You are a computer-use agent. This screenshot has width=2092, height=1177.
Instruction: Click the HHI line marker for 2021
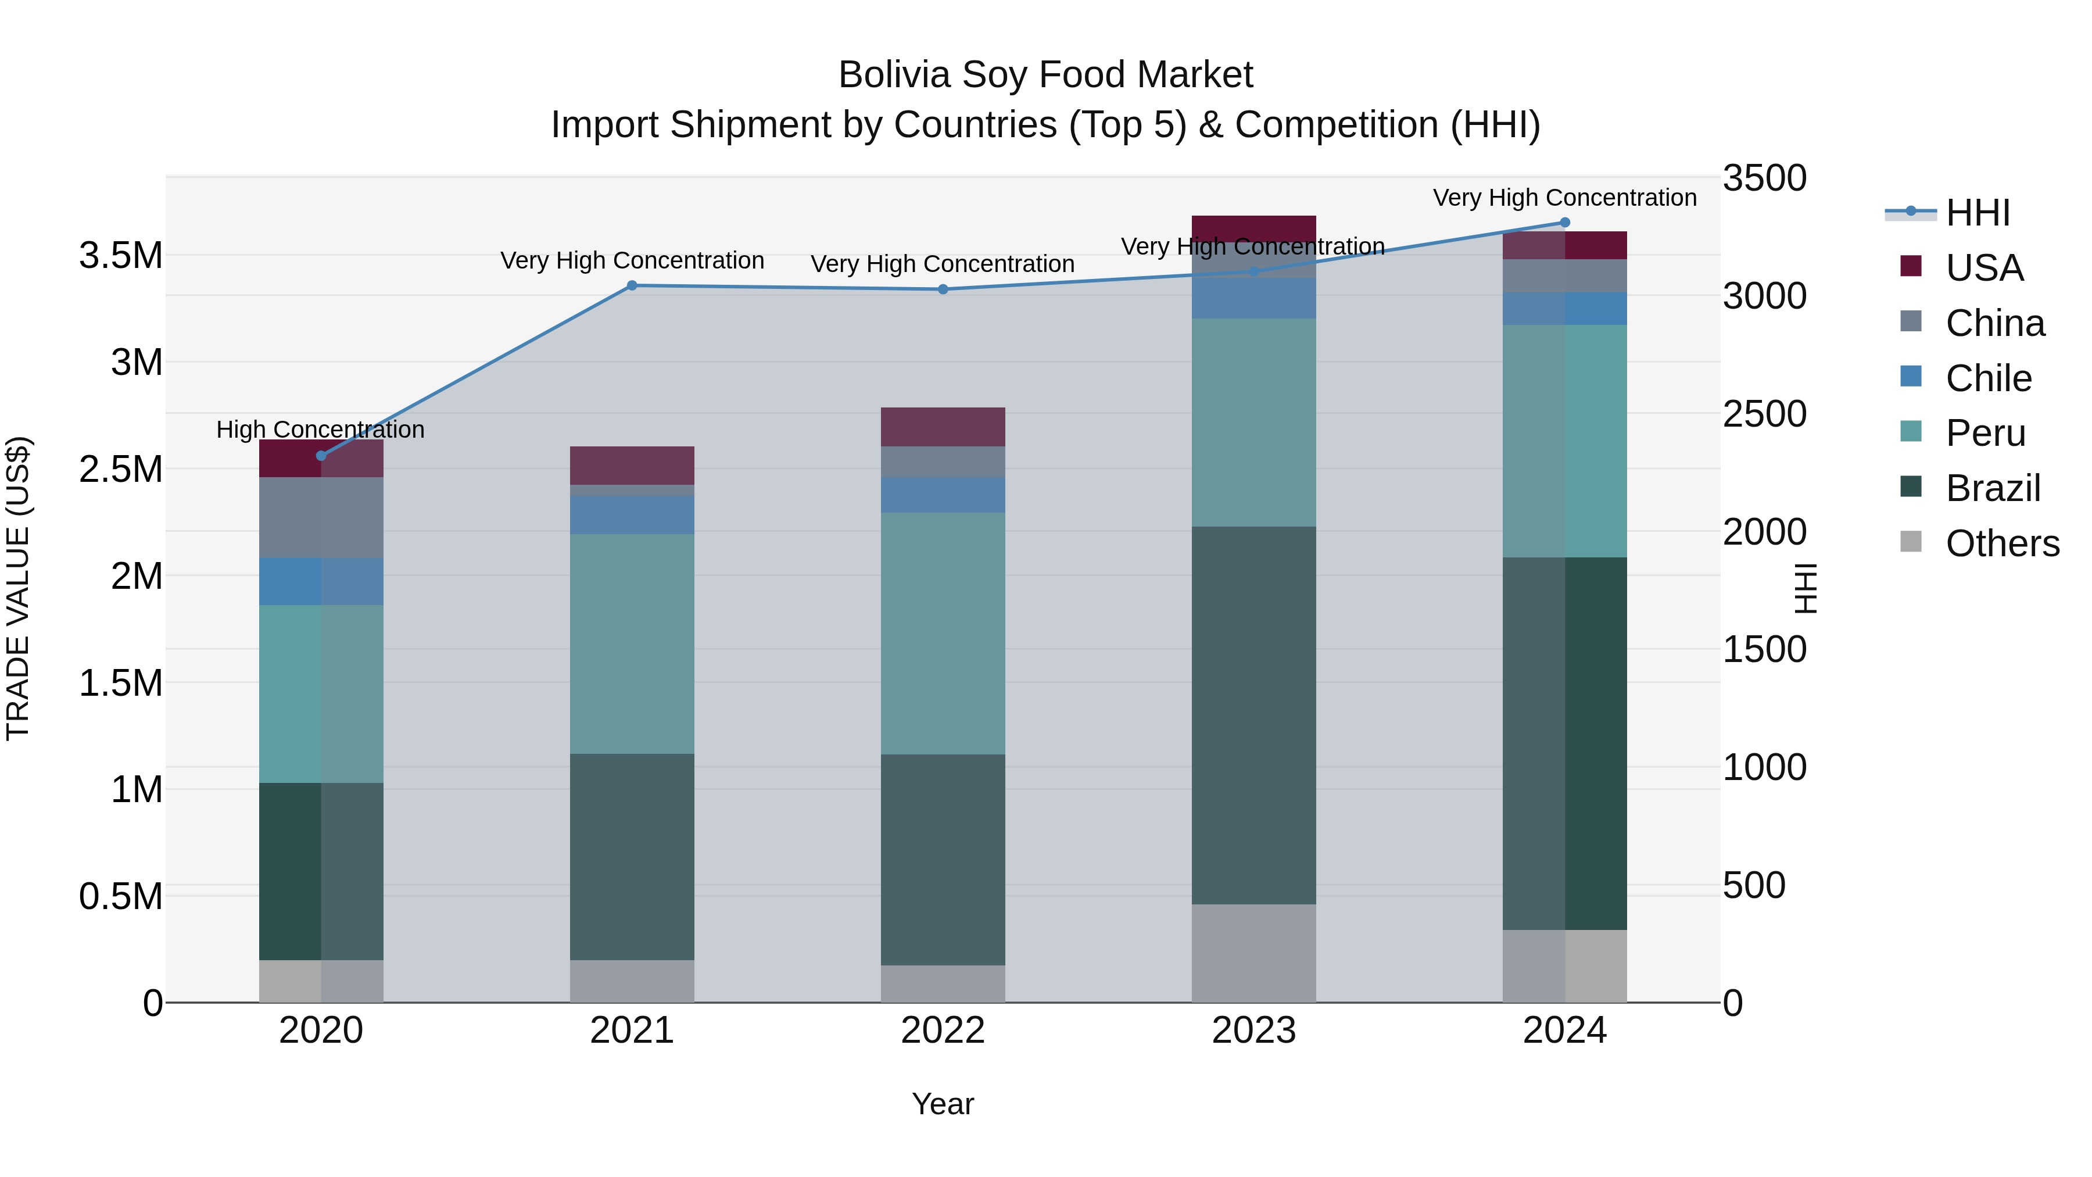(x=632, y=285)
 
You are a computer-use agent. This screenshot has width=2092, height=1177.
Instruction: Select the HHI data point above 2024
(x=1565, y=223)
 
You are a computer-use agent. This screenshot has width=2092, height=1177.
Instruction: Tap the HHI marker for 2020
(x=321, y=456)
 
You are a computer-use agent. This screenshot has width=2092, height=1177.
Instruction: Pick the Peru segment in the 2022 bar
(x=943, y=633)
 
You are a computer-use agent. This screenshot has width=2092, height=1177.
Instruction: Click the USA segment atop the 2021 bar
(x=632, y=466)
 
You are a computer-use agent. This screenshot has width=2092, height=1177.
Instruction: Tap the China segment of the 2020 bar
(x=321, y=517)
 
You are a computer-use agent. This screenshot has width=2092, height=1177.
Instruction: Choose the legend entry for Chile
(x=1987, y=378)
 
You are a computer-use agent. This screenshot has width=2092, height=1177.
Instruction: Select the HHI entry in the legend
(x=1977, y=213)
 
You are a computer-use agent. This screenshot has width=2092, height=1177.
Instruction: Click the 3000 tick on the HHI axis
(x=1764, y=296)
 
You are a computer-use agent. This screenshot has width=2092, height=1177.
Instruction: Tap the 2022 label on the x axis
(x=943, y=1031)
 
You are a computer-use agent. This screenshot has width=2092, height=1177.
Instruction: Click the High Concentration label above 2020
(x=320, y=429)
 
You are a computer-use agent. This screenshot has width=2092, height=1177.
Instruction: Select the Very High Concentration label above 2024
(x=1564, y=198)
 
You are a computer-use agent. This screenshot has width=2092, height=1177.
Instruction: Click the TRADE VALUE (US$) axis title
(x=18, y=588)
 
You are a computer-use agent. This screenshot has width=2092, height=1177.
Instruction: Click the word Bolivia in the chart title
(x=893, y=75)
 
